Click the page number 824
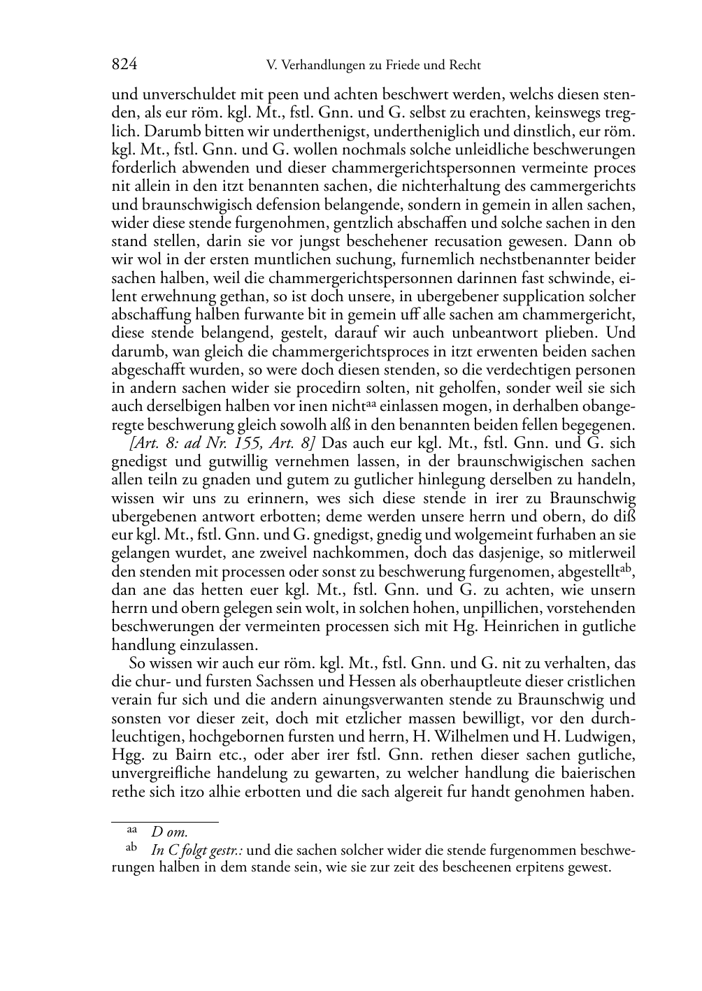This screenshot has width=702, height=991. pos(124,65)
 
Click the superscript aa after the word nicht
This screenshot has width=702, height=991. pos(373,403)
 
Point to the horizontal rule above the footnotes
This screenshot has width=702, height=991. pos(165,822)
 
